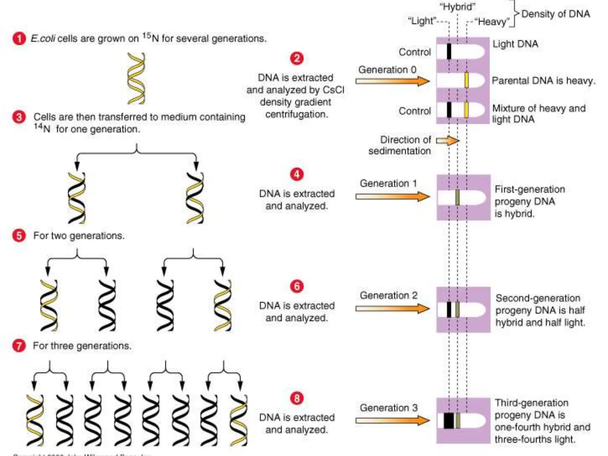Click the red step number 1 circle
[19, 39]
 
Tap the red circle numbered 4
[297, 174]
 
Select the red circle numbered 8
[297, 398]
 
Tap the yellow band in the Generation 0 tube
[466, 80]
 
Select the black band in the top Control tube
[449, 51]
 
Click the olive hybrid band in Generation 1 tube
[457, 197]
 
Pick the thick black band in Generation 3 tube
[449, 420]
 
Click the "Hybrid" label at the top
[457, 7]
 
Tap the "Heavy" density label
[492, 22]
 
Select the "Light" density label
[422, 21]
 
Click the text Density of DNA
[555, 14]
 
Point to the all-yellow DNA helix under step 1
[136, 78]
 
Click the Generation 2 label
[389, 295]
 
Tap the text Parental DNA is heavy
[543, 81]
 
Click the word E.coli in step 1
[43, 39]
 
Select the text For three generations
[82, 346]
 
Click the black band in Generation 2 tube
[449, 310]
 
